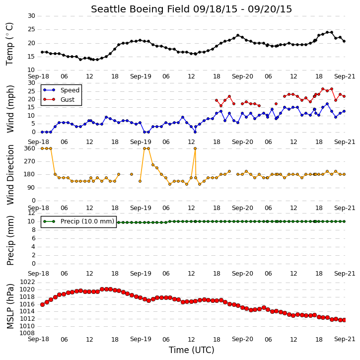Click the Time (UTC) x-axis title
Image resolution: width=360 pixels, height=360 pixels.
tap(192, 350)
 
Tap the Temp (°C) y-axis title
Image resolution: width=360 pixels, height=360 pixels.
tap(10, 44)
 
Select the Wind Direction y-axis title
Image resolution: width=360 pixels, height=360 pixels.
tap(10, 175)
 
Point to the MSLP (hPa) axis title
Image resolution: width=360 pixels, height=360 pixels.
tap(10, 306)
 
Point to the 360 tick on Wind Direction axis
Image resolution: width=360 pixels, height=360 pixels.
tap(30, 148)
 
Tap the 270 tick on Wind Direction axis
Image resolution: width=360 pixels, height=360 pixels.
tap(30, 161)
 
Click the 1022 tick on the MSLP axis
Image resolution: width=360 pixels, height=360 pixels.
tap(27, 282)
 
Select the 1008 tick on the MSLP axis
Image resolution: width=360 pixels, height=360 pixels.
tap(27, 333)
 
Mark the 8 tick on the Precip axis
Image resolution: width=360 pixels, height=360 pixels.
tap(34, 230)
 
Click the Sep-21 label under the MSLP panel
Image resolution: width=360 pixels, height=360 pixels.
tap(345, 339)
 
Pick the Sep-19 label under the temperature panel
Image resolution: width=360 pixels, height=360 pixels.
tap(141, 76)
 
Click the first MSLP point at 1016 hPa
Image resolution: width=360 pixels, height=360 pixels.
tap(43, 304)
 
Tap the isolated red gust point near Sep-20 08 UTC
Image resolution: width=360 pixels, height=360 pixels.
tap(276, 104)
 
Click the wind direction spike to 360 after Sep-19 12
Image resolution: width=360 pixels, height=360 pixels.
tap(195, 148)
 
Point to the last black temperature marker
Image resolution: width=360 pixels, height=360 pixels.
tap(344, 41)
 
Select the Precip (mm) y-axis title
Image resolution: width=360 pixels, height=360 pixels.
tap(10, 241)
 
